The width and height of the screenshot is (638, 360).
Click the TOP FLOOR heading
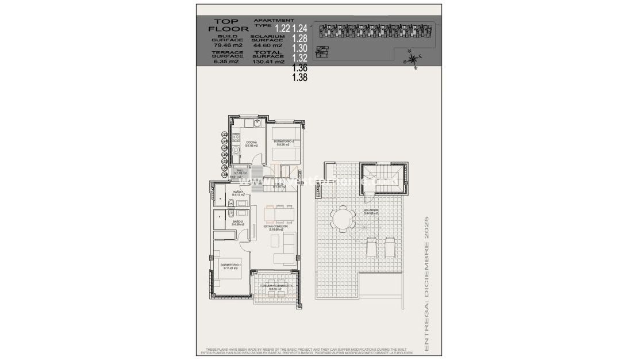[228, 25]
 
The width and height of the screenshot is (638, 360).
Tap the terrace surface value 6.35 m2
[226, 62]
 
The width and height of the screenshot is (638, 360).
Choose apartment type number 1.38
[299, 78]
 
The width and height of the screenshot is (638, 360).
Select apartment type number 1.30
[299, 48]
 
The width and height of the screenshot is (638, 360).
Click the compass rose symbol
[413, 59]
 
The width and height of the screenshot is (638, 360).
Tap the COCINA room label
[251, 142]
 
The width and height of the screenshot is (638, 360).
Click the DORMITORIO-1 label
[230, 265]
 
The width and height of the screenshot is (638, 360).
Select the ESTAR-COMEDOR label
[276, 227]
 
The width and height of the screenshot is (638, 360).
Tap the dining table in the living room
[278, 214]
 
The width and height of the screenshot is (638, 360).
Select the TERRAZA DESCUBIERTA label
[276, 286]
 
